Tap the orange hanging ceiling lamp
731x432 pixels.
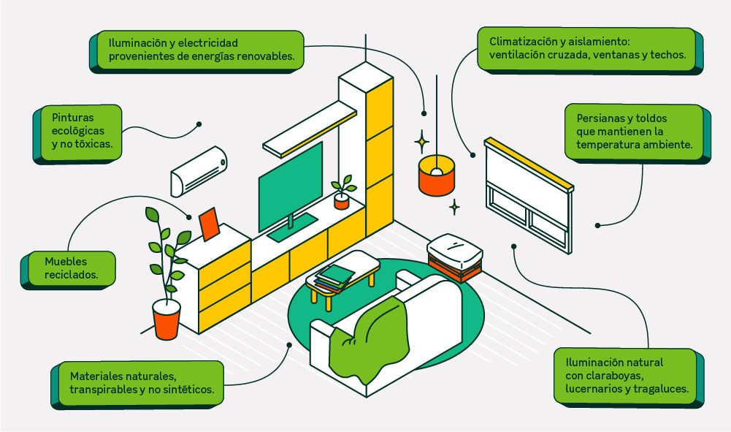(x=437, y=176)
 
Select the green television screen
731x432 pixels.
(x=290, y=186)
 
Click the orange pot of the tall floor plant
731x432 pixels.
(x=167, y=319)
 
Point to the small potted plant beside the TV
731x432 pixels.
(x=342, y=192)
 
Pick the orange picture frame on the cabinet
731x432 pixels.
(x=210, y=224)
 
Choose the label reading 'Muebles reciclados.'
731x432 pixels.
(x=70, y=268)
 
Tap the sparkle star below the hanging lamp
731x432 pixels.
(x=454, y=207)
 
